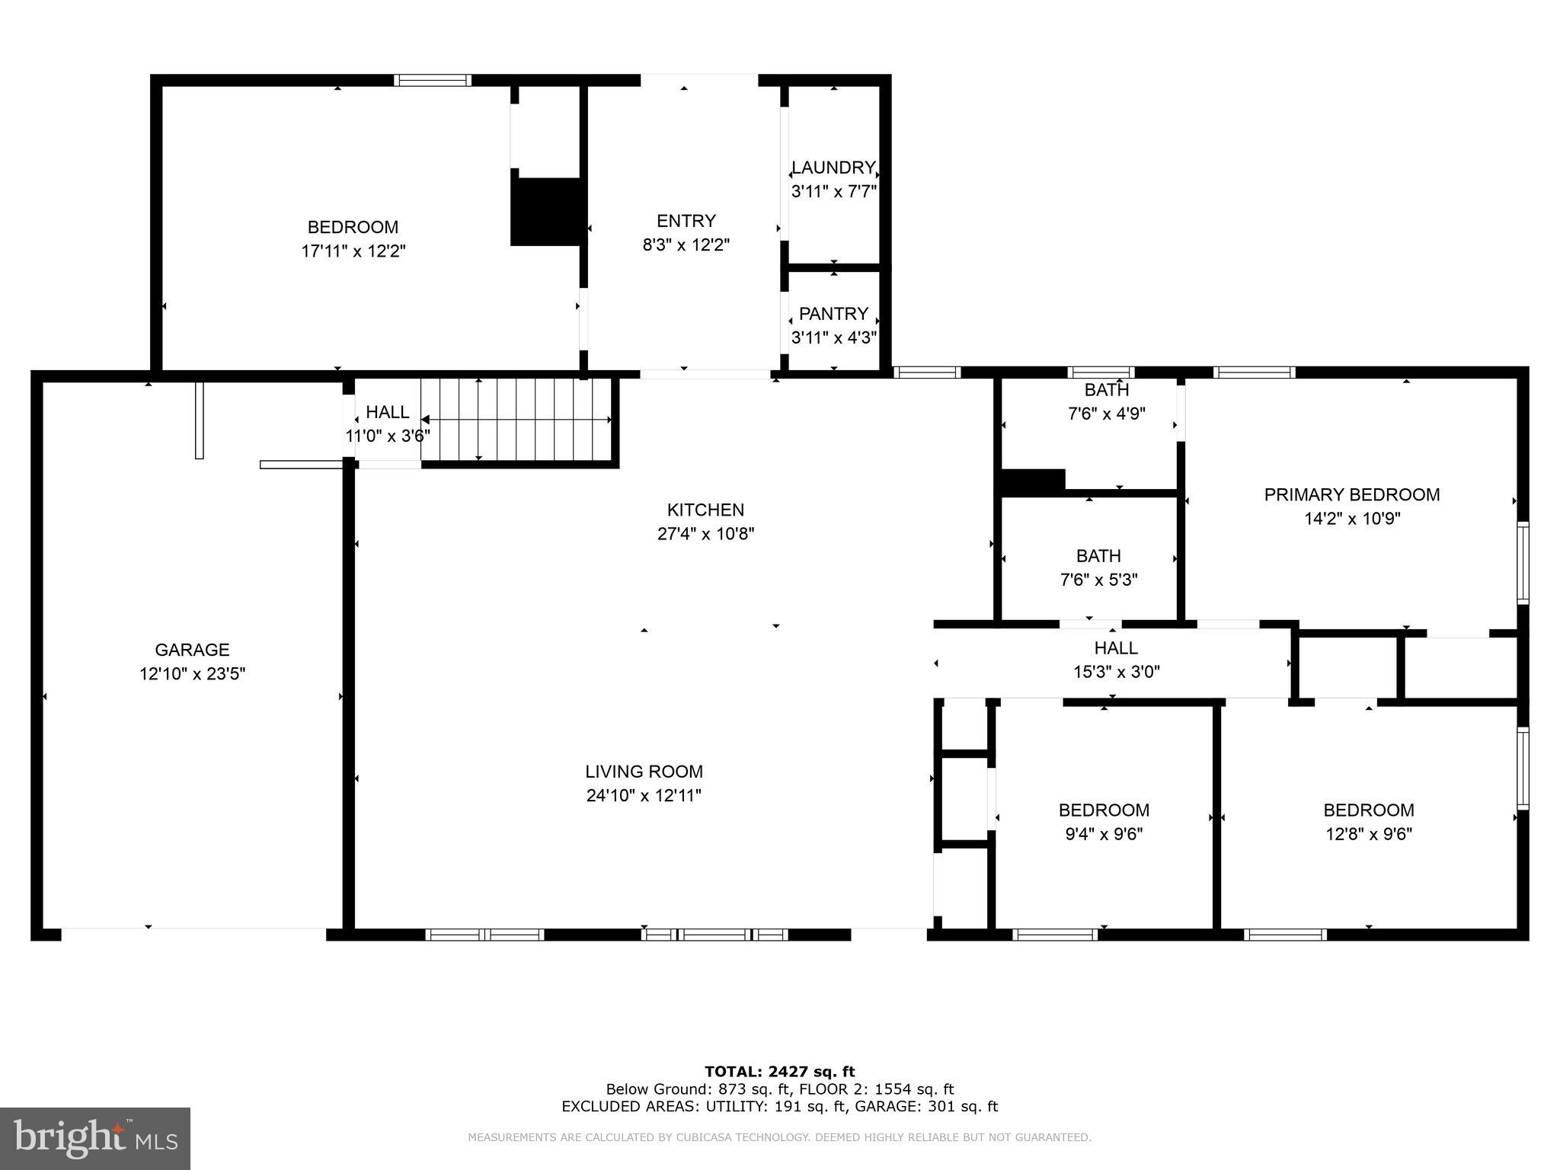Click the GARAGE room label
[x=192, y=650]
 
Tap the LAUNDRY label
[x=833, y=168]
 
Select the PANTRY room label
[x=833, y=314]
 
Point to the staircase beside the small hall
[x=518, y=420]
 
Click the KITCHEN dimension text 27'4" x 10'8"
[x=705, y=534]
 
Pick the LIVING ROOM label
[x=644, y=772]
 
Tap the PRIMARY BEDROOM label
[x=1351, y=495]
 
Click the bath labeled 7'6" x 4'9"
[x=1106, y=402]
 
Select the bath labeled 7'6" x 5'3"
[x=1098, y=568]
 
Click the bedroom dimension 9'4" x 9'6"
[x=1104, y=834]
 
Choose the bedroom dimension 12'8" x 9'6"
[x=1368, y=834]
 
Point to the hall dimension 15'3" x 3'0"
[x=1116, y=672]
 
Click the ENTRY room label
[x=686, y=221]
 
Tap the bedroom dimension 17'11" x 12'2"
[x=353, y=251]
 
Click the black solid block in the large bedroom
[x=546, y=212]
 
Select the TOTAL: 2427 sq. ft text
[x=779, y=1072]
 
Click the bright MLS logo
[x=95, y=1138]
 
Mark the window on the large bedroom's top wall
[x=433, y=80]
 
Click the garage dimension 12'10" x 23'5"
[x=192, y=674]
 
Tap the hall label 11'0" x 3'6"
[x=387, y=436]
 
